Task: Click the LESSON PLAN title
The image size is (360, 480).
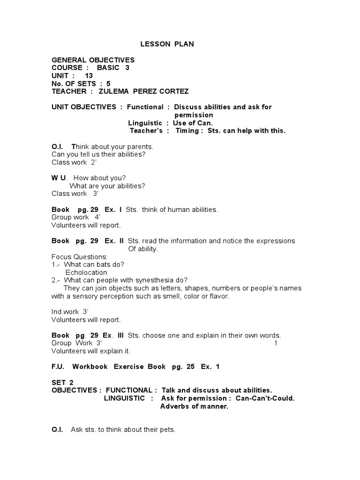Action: [x=167, y=44]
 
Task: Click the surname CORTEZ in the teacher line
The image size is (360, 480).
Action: [x=173, y=91]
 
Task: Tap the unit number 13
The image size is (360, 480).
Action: [x=89, y=75]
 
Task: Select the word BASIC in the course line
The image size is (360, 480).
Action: [x=108, y=67]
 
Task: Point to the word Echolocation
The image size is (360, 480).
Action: [x=86, y=272]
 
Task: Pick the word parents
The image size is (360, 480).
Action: [x=139, y=146]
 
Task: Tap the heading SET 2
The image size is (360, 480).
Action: [x=62, y=382]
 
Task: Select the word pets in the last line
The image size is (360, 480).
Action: [x=167, y=429]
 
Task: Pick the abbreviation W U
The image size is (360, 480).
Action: [x=59, y=178]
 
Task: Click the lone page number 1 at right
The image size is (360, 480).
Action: [x=276, y=343]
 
